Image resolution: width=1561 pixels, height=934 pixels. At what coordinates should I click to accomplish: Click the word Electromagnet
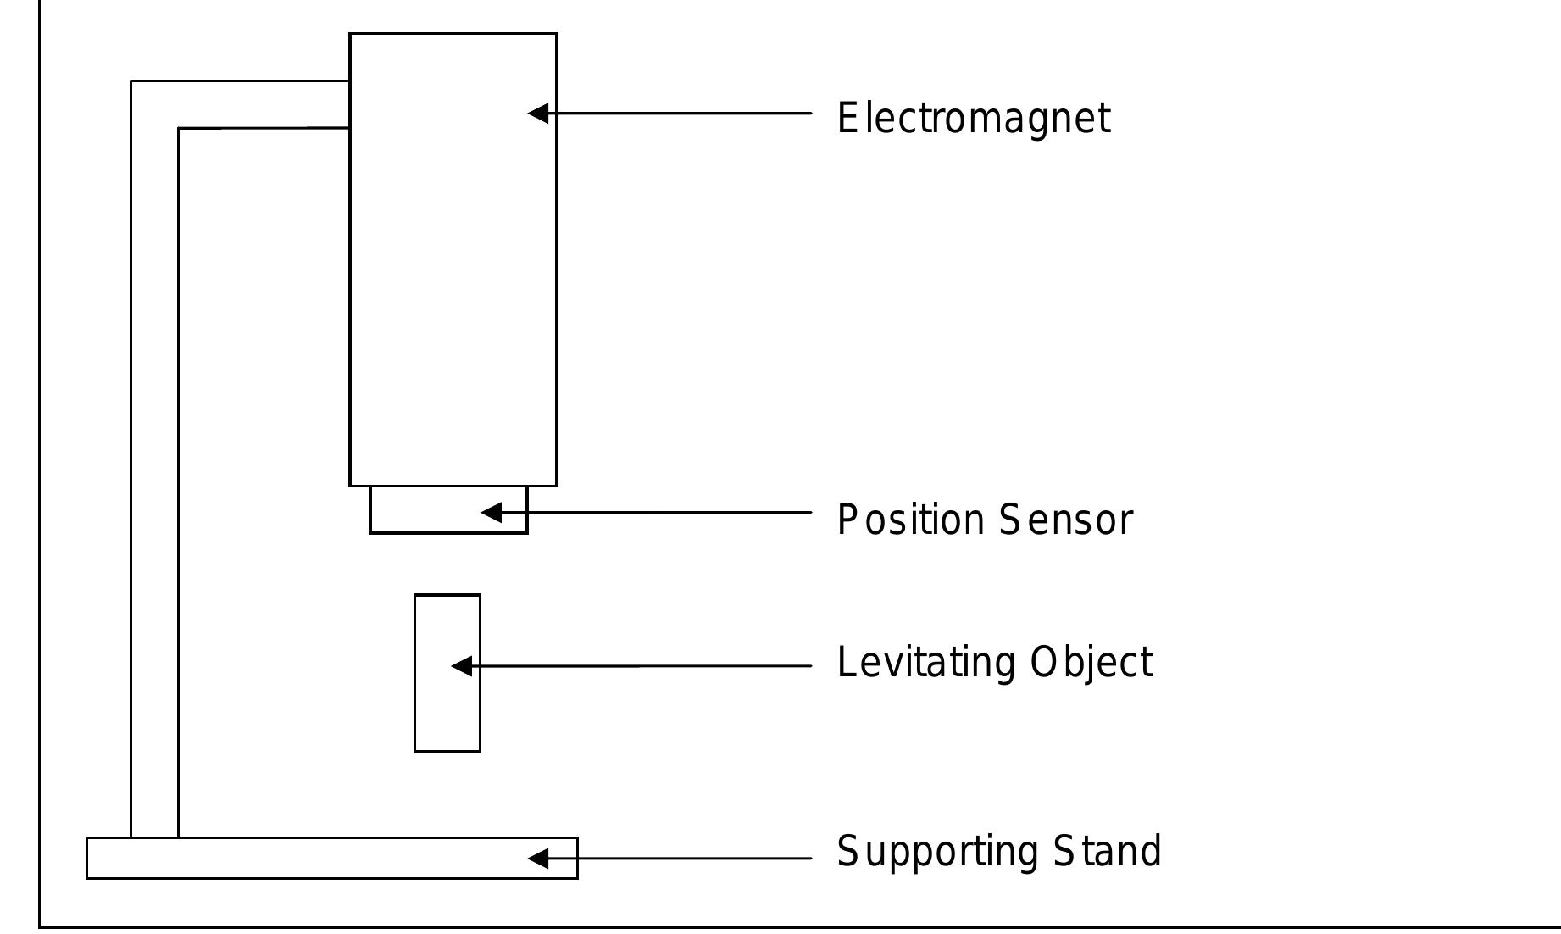point(973,119)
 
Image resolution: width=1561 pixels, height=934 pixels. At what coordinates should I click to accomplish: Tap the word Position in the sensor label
point(910,520)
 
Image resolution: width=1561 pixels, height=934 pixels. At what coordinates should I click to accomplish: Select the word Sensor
point(1065,520)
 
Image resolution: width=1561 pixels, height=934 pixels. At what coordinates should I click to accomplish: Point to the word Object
point(1091,663)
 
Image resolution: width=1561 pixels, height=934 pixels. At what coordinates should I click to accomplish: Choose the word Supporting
point(936,852)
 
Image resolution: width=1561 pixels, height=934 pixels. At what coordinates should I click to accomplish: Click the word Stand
point(1107,852)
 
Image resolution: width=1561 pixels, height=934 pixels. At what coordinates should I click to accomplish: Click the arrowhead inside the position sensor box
point(491,512)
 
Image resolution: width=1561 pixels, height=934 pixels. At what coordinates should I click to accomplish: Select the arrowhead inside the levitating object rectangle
point(461,667)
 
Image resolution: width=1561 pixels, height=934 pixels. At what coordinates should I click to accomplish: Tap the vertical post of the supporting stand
point(154,509)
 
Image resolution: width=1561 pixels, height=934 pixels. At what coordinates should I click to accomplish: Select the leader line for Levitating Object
point(644,667)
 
